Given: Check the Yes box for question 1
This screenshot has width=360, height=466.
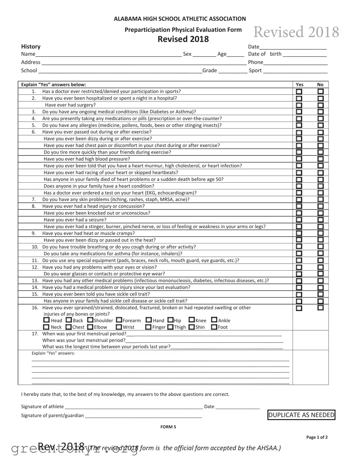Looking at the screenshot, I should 299,92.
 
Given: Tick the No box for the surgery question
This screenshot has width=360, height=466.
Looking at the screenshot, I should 320,105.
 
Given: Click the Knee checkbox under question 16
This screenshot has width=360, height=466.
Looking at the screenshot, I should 192,320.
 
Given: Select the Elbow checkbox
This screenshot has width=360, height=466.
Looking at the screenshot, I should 90,327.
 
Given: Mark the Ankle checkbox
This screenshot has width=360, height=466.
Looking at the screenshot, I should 214,320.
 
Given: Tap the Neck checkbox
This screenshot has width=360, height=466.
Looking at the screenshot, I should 47,327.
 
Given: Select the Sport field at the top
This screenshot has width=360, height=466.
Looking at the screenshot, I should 295,71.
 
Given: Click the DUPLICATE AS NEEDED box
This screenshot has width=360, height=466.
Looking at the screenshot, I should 301,415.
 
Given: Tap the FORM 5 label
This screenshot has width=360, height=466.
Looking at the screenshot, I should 168,427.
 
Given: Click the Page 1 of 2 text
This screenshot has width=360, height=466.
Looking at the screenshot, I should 317,437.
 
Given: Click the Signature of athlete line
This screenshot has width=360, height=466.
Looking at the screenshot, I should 134,407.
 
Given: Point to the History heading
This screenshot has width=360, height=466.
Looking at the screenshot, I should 31,47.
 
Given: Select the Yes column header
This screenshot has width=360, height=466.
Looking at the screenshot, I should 299,85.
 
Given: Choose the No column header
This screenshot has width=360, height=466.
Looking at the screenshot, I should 320,85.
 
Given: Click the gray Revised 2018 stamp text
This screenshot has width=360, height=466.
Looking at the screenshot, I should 296,32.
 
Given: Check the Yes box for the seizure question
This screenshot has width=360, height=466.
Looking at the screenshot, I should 299,220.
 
